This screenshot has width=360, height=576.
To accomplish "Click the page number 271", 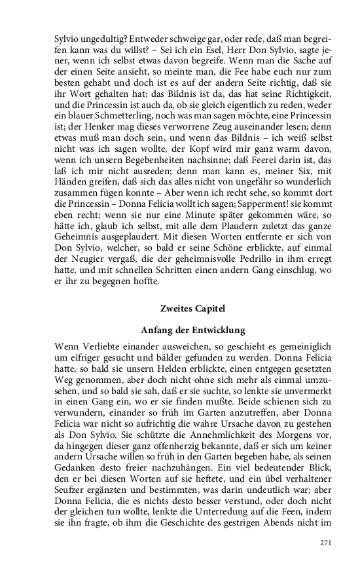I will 325,543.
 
